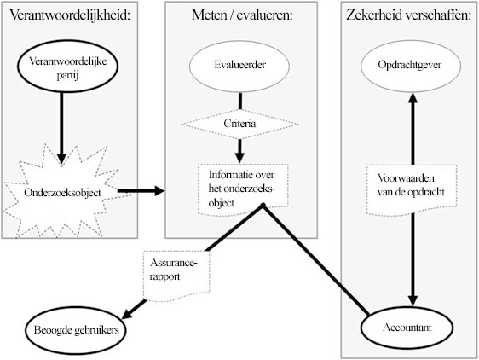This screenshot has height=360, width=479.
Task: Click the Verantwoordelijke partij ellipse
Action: pos(67,66)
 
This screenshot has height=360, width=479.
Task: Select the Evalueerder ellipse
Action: pos(239,66)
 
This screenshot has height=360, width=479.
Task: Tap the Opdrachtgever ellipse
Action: pos(411,66)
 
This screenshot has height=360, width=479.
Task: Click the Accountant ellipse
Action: pos(407,328)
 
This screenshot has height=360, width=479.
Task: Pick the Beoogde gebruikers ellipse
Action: pos(76,330)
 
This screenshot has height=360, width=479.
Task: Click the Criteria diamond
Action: pos(239,124)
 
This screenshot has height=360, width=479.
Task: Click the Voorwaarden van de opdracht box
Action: pos(412,189)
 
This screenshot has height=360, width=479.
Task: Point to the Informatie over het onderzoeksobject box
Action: pos(243,189)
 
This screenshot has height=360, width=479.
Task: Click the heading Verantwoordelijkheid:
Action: pos(70,15)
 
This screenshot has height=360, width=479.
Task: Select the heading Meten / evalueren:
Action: pos(242,15)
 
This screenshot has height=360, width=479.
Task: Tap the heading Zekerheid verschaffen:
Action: pos(409,15)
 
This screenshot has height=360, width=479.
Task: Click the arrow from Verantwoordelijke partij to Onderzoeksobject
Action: pos(61,129)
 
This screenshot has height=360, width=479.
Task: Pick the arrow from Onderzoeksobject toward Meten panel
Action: pos(141,191)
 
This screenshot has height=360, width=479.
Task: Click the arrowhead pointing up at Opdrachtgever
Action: pos(413,98)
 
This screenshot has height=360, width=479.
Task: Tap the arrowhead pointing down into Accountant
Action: pos(413,301)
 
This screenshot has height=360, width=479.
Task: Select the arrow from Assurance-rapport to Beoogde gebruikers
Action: pos(134,310)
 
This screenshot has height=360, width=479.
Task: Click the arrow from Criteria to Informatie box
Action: pos(239,151)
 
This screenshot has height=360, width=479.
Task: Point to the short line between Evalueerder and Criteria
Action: pos(240,101)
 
